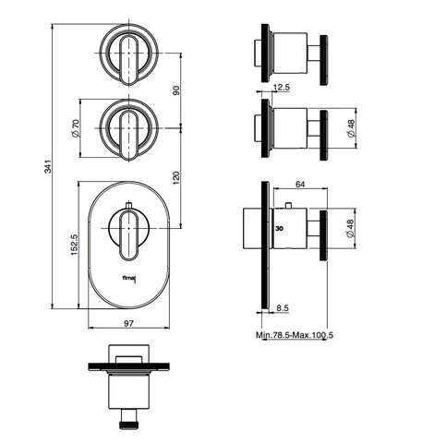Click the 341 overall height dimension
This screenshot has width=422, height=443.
coord(48,166)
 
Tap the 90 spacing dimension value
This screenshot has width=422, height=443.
coord(176,90)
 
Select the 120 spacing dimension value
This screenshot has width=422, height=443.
coord(176,178)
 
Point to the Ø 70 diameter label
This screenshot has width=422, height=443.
coord(75,128)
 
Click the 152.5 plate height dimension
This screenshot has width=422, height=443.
coord(75,245)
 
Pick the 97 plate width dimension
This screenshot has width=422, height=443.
coord(128,323)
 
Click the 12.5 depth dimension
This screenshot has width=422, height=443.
coord(282,88)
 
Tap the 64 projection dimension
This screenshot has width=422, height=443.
coord(300,184)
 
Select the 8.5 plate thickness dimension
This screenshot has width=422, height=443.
coord(283,307)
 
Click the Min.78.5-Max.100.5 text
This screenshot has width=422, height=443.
coord(295,335)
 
